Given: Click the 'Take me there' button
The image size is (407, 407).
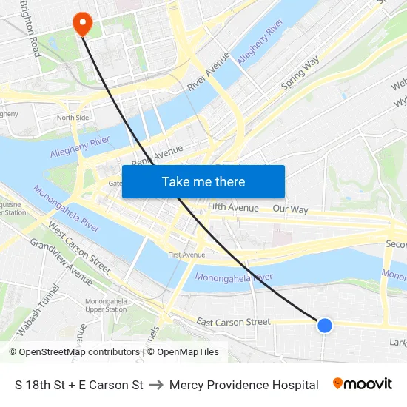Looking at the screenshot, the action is (x=203, y=181).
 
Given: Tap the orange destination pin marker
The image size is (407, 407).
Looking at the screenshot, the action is (x=81, y=24).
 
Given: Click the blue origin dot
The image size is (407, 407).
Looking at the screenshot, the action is (x=324, y=325).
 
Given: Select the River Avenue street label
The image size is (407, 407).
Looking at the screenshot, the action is (x=208, y=72).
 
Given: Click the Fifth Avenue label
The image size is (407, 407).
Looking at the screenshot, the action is (x=233, y=208).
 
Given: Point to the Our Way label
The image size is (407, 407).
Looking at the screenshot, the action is (x=290, y=209).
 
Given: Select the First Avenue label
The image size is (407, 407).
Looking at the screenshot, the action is (x=186, y=255).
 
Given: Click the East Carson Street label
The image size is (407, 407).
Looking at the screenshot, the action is (x=233, y=322).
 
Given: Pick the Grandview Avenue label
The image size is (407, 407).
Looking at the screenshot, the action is (x=61, y=261).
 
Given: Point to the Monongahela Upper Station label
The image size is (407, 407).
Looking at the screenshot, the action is (x=106, y=305).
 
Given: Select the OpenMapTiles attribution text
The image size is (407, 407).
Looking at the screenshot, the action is (x=188, y=352).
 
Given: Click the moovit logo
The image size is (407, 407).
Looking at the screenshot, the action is (x=362, y=384).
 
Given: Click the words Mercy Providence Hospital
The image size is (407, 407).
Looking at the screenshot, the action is (x=243, y=385).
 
